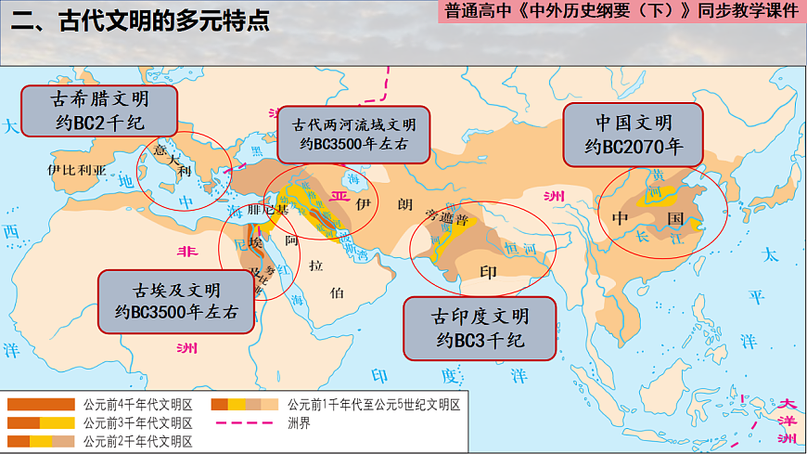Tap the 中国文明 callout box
pos(634,133)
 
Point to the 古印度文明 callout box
pos(480,329)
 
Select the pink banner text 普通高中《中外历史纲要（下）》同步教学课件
pos(621,13)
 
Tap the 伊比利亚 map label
pos(77,171)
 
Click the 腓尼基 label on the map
pos(268,211)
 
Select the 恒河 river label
pos(517,248)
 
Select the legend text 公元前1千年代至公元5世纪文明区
pos(374,405)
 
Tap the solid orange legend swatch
pos(40,405)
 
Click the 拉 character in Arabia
pos(317,266)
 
